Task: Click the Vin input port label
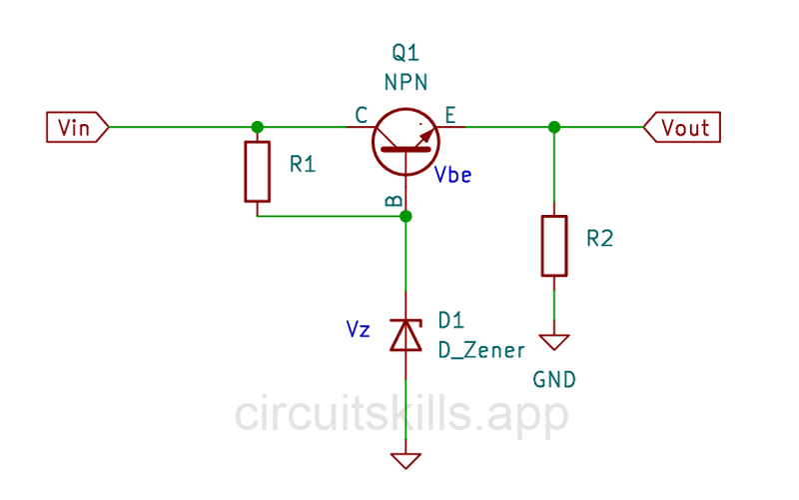[76, 127]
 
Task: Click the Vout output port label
[683, 127]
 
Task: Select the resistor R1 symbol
[258, 172]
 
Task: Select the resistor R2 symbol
[554, 244]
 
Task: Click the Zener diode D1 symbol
[405, 334]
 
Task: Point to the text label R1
[303, 165]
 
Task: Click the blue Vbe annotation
[453, 175]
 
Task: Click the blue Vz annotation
[360, 327]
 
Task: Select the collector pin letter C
[361, 116]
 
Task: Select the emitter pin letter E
[449, 116]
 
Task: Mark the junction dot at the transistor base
[405, 216]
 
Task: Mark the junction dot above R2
[554, 127]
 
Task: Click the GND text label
[554, 380]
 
